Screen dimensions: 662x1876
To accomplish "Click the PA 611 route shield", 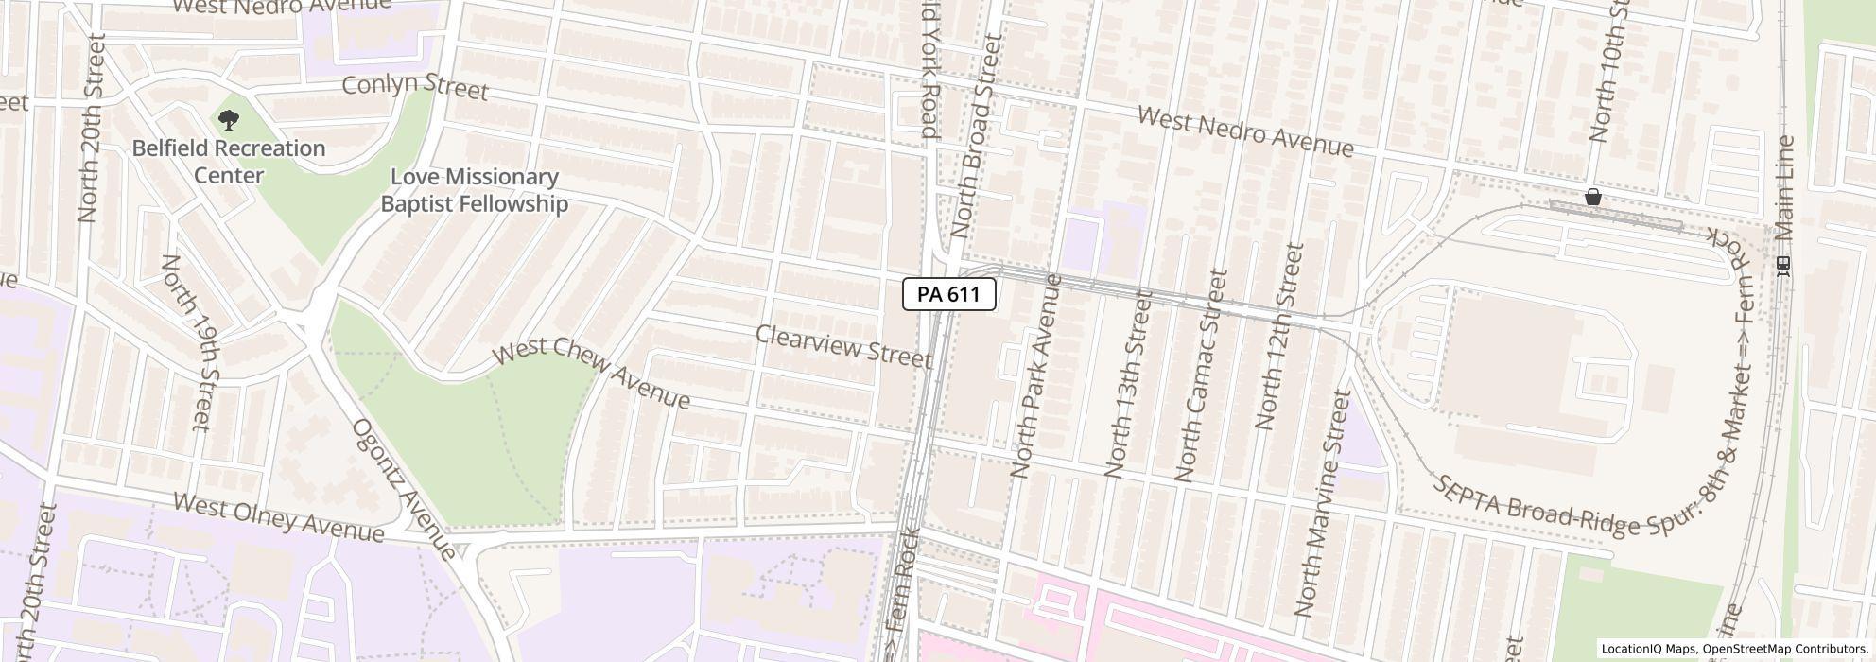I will (x=948, y=294).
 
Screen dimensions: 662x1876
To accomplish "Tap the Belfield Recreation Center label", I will (x=229, y=162).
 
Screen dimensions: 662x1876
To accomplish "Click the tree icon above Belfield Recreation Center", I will (x=228, y=120).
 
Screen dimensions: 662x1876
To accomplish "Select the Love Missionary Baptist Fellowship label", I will (x=474, y=190).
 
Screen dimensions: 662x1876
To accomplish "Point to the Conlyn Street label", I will (x=415, y=87).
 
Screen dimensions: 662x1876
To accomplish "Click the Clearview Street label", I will (x=844, y=346).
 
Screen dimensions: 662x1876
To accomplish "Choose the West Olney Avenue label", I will (x=279, y=519).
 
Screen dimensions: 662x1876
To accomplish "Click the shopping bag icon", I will (x=1593, y=197).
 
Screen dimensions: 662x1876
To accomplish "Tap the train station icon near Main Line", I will (x=1783, y=267).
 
